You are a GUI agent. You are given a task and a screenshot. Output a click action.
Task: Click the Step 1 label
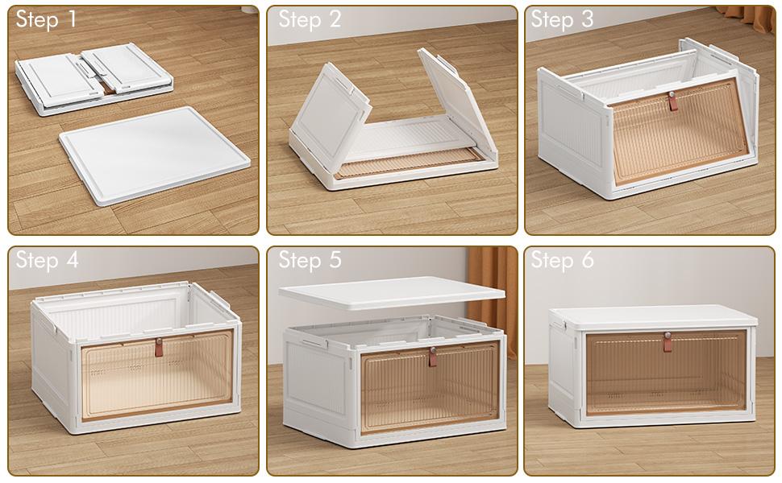coord(46,20)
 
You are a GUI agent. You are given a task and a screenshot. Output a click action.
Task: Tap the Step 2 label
coord(310,20)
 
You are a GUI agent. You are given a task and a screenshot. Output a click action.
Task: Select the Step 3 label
coord(563,20)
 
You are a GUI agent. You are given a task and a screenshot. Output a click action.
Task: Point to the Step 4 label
coord(47,260)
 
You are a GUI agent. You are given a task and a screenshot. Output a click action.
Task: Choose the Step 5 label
coord(310,260)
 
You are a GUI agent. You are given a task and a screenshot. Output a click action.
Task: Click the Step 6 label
coord(563,260)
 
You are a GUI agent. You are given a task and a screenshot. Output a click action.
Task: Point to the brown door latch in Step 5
coord(432,356)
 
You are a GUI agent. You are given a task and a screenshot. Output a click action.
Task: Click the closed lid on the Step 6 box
coord(653,316)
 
